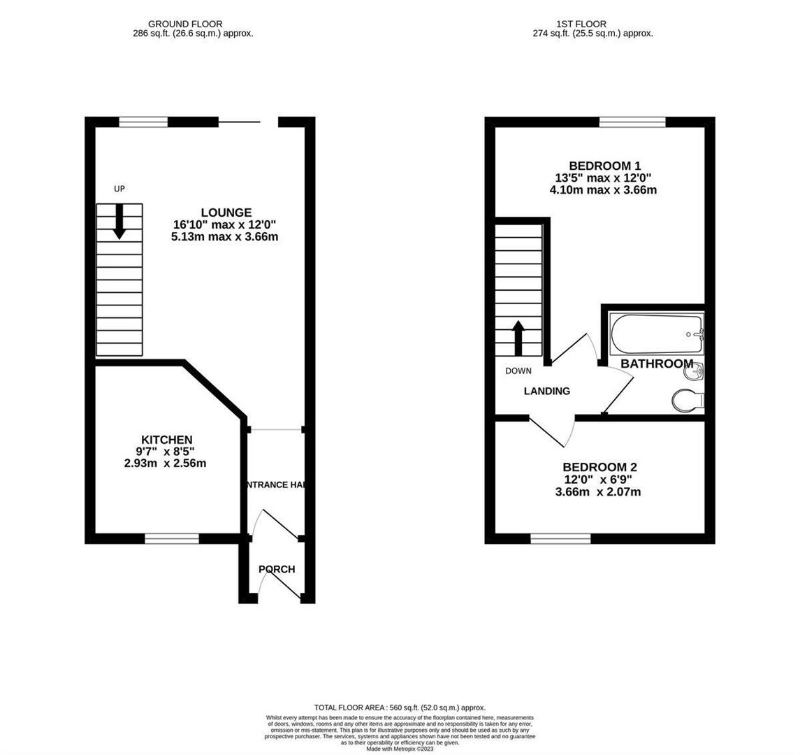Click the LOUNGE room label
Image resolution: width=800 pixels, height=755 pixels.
[x=226, y=213]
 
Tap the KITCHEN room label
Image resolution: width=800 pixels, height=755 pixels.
[x=166, y=440]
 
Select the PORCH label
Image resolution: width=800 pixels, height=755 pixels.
[x=277, y=569]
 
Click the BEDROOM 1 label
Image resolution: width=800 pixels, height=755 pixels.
[x=604, y=166]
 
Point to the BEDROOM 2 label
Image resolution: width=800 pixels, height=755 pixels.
[x=601, y=467]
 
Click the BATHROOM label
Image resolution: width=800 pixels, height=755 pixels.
[x=657, y=364]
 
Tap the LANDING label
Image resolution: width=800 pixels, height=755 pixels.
[x=547, y=391]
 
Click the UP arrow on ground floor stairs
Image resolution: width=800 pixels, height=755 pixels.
[x=119, y=220]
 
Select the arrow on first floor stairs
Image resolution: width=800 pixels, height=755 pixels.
[x=518, y=338]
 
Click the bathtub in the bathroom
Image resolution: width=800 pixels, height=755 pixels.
[x=655, y=333]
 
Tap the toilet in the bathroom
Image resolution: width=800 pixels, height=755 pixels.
[x=688, y=401]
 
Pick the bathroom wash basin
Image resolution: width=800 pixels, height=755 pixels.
[x=694, y=372]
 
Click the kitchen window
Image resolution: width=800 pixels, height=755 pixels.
[x=171, y=538]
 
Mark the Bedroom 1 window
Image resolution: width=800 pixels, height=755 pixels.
[x=632, y=122]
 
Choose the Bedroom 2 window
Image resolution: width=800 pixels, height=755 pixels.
[x=560, y=538]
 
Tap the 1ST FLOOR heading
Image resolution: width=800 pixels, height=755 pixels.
[x=573, y=24]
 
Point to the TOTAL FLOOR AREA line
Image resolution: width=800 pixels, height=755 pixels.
[x=399, y=707]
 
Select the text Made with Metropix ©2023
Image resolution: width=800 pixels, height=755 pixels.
[x=399, y=749]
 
